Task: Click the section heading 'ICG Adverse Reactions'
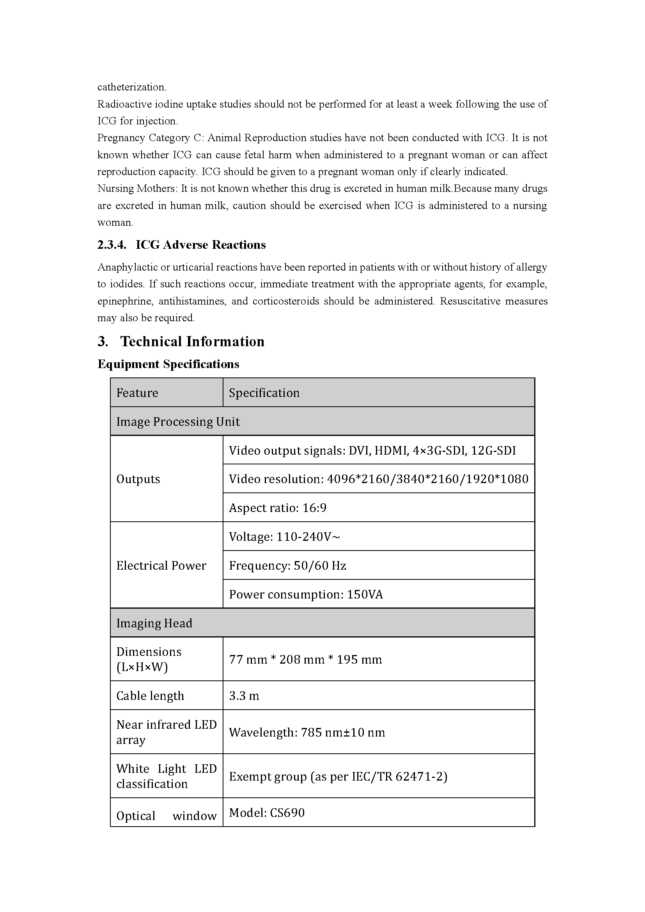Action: [200, 245]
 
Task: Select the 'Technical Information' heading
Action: [192, 342]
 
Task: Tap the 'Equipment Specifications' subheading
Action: [168, 364]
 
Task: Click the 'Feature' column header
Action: [137, 393]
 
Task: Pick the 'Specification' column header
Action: [264, 393]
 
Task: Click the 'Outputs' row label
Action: [138, 479]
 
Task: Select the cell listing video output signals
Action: [372, 450]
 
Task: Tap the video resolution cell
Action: [379, 479]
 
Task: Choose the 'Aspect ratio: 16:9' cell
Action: [278, 508]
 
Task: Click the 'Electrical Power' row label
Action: [161, 565]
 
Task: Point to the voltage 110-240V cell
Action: [284, 537]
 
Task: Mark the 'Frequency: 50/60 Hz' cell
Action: [287, 565]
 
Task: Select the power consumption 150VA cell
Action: [306, 594]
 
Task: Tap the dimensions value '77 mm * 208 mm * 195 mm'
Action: [305, 659]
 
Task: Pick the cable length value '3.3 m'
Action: [244, 696]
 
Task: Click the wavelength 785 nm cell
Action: [307, 732]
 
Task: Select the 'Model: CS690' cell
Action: [267, 813]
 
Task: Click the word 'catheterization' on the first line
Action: [132, 87]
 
